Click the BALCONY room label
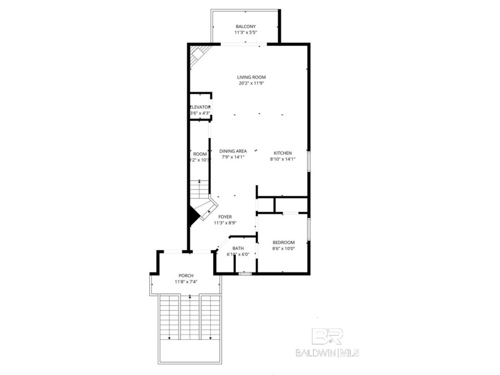(x=246, y=26)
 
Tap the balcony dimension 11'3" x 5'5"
(x=246, y=33)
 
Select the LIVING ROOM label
(x=251, y=77)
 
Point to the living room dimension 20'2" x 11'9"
(x=251, y=83)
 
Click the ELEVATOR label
(x=200, y=107)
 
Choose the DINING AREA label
(x=233, y=151)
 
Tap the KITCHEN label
(x=283, y=151)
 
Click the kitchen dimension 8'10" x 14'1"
(x=283, y=158)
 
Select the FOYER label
(x=225, y=217)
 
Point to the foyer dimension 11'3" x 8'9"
(x=225, y=223)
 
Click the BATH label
(x=238, y=248)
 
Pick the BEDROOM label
(x=283, y=242)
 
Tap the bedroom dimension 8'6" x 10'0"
(x=283, y=248)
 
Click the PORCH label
(x=186, y=276)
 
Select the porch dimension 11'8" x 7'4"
(x=186, y=282)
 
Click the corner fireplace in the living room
(x=197, y=57)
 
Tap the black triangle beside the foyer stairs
(x=193, y=215)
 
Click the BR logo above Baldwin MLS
(x=327, y=336)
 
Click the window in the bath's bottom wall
(x=244, y=274)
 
